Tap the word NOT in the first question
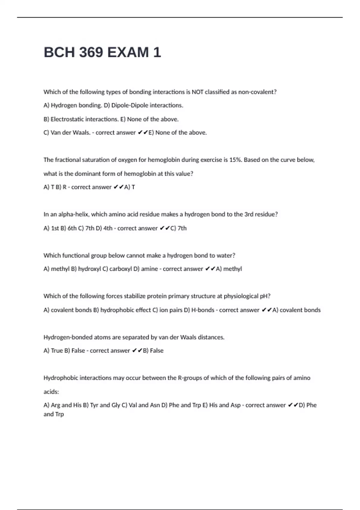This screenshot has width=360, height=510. pyautogui.click(x=197, y=92)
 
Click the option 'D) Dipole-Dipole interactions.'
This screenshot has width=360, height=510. pyautogui.click(x=143, y=105)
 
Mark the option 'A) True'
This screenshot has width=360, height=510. pyautogui.click(x=52, y=351)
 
